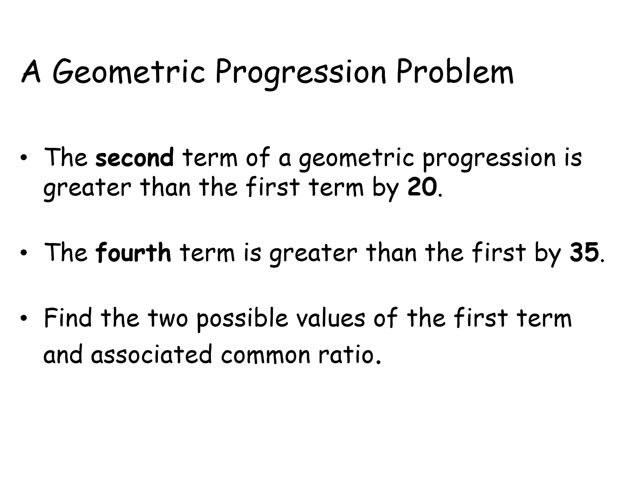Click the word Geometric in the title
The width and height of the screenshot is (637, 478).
click(x=129, y=72)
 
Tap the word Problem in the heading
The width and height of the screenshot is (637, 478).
click(x=455, y=71)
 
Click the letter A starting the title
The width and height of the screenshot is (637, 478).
click(x=31, y=71)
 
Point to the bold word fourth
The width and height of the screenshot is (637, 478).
click(x=133, y=252)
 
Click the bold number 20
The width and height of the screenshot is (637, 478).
click(x=422, y=187)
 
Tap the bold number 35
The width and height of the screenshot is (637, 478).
click(x=584, y=252)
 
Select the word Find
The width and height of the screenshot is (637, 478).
click(x=68, y=317)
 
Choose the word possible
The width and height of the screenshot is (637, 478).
click(x=242, y=320)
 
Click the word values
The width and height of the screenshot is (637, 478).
click(x=331, y=317)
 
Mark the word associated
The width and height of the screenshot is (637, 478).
click(x=152, y=354)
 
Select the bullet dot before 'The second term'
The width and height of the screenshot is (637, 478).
click(x=24, y=158)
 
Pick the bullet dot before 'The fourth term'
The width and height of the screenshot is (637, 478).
click(x=24, y=252)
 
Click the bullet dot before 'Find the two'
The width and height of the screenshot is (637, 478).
click(x=24, y=318)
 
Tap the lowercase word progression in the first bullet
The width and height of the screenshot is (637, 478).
click(x=489, y=159)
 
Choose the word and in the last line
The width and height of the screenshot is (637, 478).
click(x=63, y=354)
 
